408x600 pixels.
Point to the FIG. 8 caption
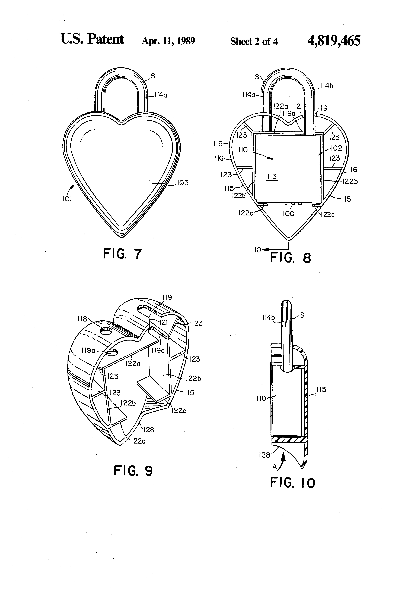[290, 258]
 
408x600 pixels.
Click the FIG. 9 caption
[133, 470]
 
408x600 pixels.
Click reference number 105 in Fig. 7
[183, 183]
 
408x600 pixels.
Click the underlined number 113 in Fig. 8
[272, 177]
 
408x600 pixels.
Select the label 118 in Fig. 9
[82, 319]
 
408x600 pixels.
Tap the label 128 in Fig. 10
[264, 455]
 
